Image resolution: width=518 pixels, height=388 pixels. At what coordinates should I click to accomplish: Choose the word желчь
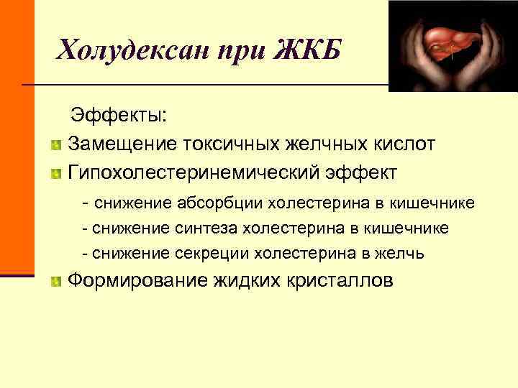pyautogui.click(x=405, y=253)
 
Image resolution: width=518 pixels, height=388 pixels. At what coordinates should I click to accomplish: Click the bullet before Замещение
pyautogui.click(x=56, y=145)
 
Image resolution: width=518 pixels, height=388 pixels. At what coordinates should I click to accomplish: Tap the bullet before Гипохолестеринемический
pyautogui.click(x=56, y=175)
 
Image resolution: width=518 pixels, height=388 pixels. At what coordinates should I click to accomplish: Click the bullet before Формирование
pyautogui.click(x=56, y=281)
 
